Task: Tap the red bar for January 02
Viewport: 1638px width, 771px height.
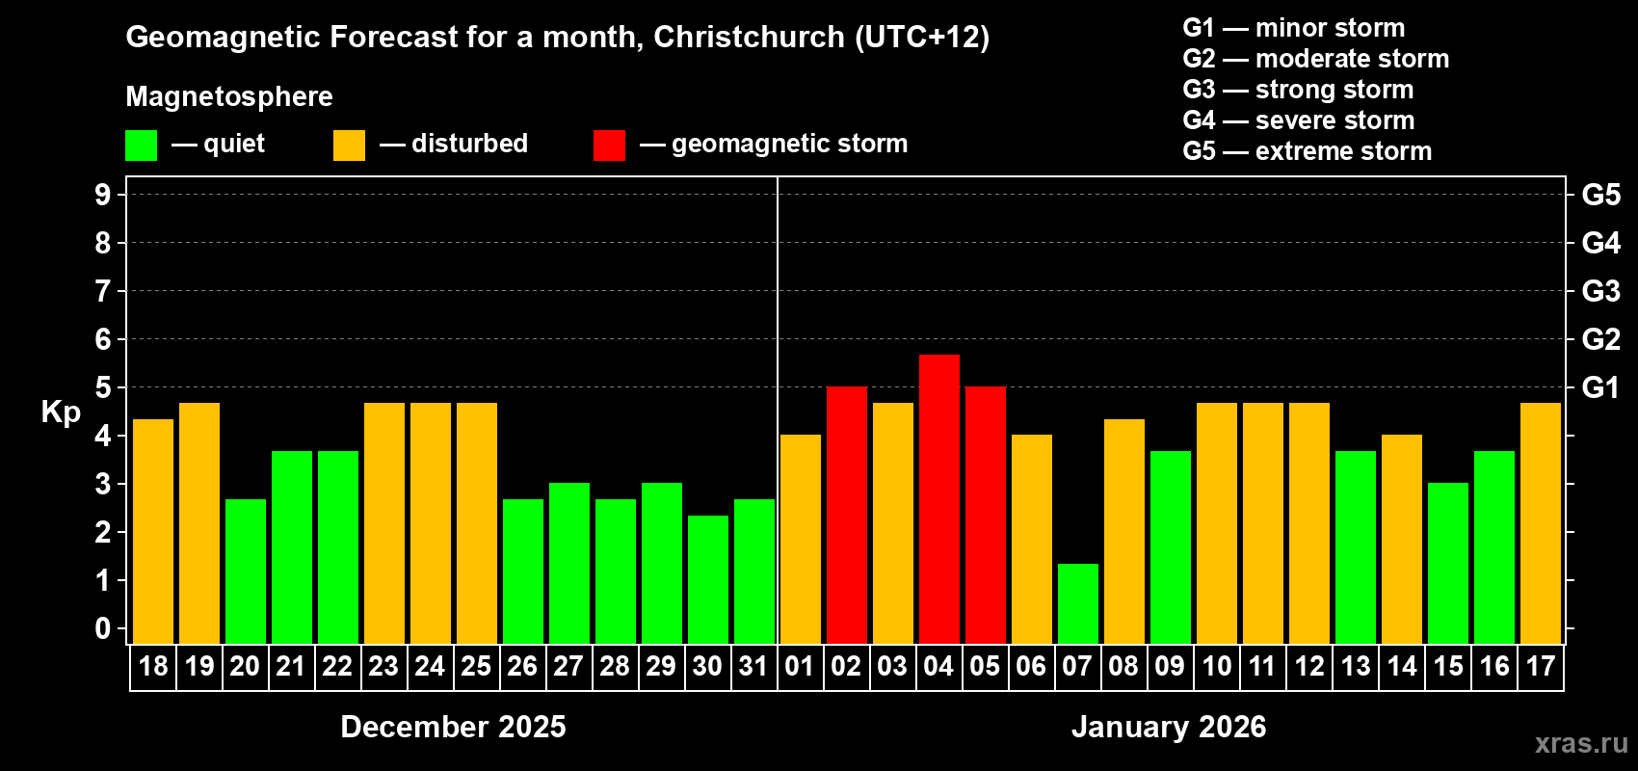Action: point(846,515)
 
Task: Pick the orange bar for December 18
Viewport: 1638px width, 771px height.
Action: point(152,531)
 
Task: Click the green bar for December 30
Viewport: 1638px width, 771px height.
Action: point(707,579)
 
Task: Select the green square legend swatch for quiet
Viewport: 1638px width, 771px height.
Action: point(141,146)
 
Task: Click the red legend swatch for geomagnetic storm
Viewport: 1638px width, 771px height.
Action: point(609,146)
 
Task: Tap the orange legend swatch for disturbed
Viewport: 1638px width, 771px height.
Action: point(349,146)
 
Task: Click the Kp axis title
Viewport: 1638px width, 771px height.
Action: point(61,412)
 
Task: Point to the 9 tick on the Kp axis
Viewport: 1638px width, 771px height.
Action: point(103,195)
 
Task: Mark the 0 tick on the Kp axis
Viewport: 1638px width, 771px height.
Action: point(103,628)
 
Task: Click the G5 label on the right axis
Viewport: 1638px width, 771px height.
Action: point(1600,195)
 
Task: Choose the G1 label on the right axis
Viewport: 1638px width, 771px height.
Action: point(1600,387)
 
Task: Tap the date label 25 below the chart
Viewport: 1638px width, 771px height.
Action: point(476,666)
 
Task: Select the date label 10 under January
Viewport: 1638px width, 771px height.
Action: point(1216,666)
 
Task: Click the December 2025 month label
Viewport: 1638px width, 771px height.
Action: point(453,727)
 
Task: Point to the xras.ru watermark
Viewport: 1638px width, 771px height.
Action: point(1580,743)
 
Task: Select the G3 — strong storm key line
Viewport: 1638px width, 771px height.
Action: point(1298,90)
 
